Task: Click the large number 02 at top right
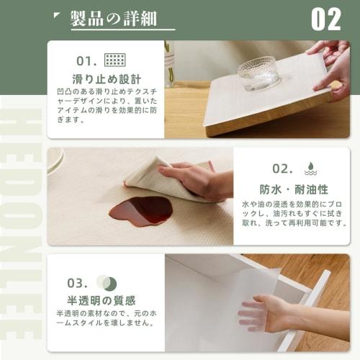coord(325,19)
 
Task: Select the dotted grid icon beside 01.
coord(114,60)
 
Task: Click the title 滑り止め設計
coord(107,78)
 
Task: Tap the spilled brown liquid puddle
coord(141,211)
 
